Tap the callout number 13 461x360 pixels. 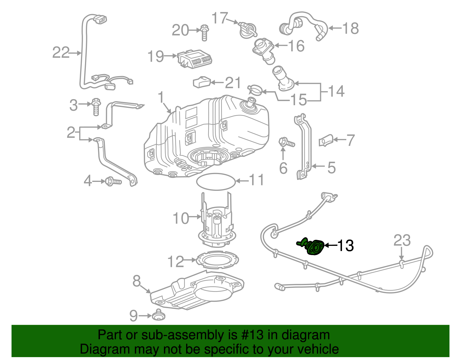pyautogui.click(x=345, y=246)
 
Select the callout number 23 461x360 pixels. pyautogui.click(x=402, y=240)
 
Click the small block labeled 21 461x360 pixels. pyautogui.click(x=201, y=82)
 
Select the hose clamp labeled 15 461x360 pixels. pyautogui.click(x=255, y=90)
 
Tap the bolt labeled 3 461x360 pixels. pyautogui.click(x=96, y=107)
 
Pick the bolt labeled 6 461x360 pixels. pyautogui.click(x=286, y=142)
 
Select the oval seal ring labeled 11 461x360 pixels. pyautogui.click(x=216, y=182)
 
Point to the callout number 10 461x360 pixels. pyautogui.click(x=181, y=218)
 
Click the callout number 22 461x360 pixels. pyautogui.click(x=61, y=52)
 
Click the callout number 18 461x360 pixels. pyautogui.click(x=350, y=28)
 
